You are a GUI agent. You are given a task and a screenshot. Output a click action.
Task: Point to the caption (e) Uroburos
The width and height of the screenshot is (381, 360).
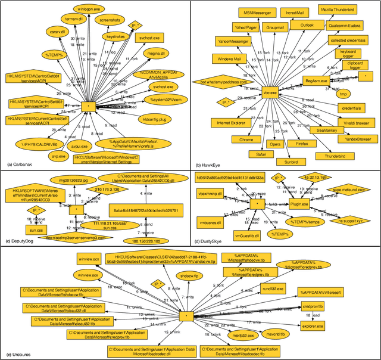[20, 355]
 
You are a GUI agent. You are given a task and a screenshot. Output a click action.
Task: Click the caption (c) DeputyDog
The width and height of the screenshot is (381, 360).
[21, 241]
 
